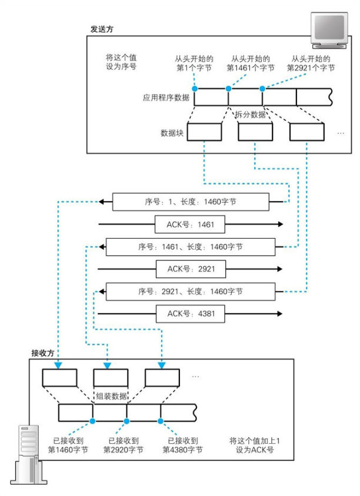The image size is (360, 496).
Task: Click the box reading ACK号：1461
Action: (x=191, y=224)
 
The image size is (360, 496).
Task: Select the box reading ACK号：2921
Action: (x=191, y=269)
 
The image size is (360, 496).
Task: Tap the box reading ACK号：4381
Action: (x=191, y=314)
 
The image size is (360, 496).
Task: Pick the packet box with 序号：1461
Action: (x=190, y=247)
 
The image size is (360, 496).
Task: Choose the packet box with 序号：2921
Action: (x=190, y=291)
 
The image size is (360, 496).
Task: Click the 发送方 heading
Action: (x=102, y=29)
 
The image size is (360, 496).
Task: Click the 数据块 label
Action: (x=172, y=133)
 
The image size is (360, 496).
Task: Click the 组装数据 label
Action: (x=111, y=396)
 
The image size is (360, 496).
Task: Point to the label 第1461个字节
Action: (x=251, y=68)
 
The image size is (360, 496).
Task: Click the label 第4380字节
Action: (x=182, y=450)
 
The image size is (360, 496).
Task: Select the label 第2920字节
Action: (x=124, y=450)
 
